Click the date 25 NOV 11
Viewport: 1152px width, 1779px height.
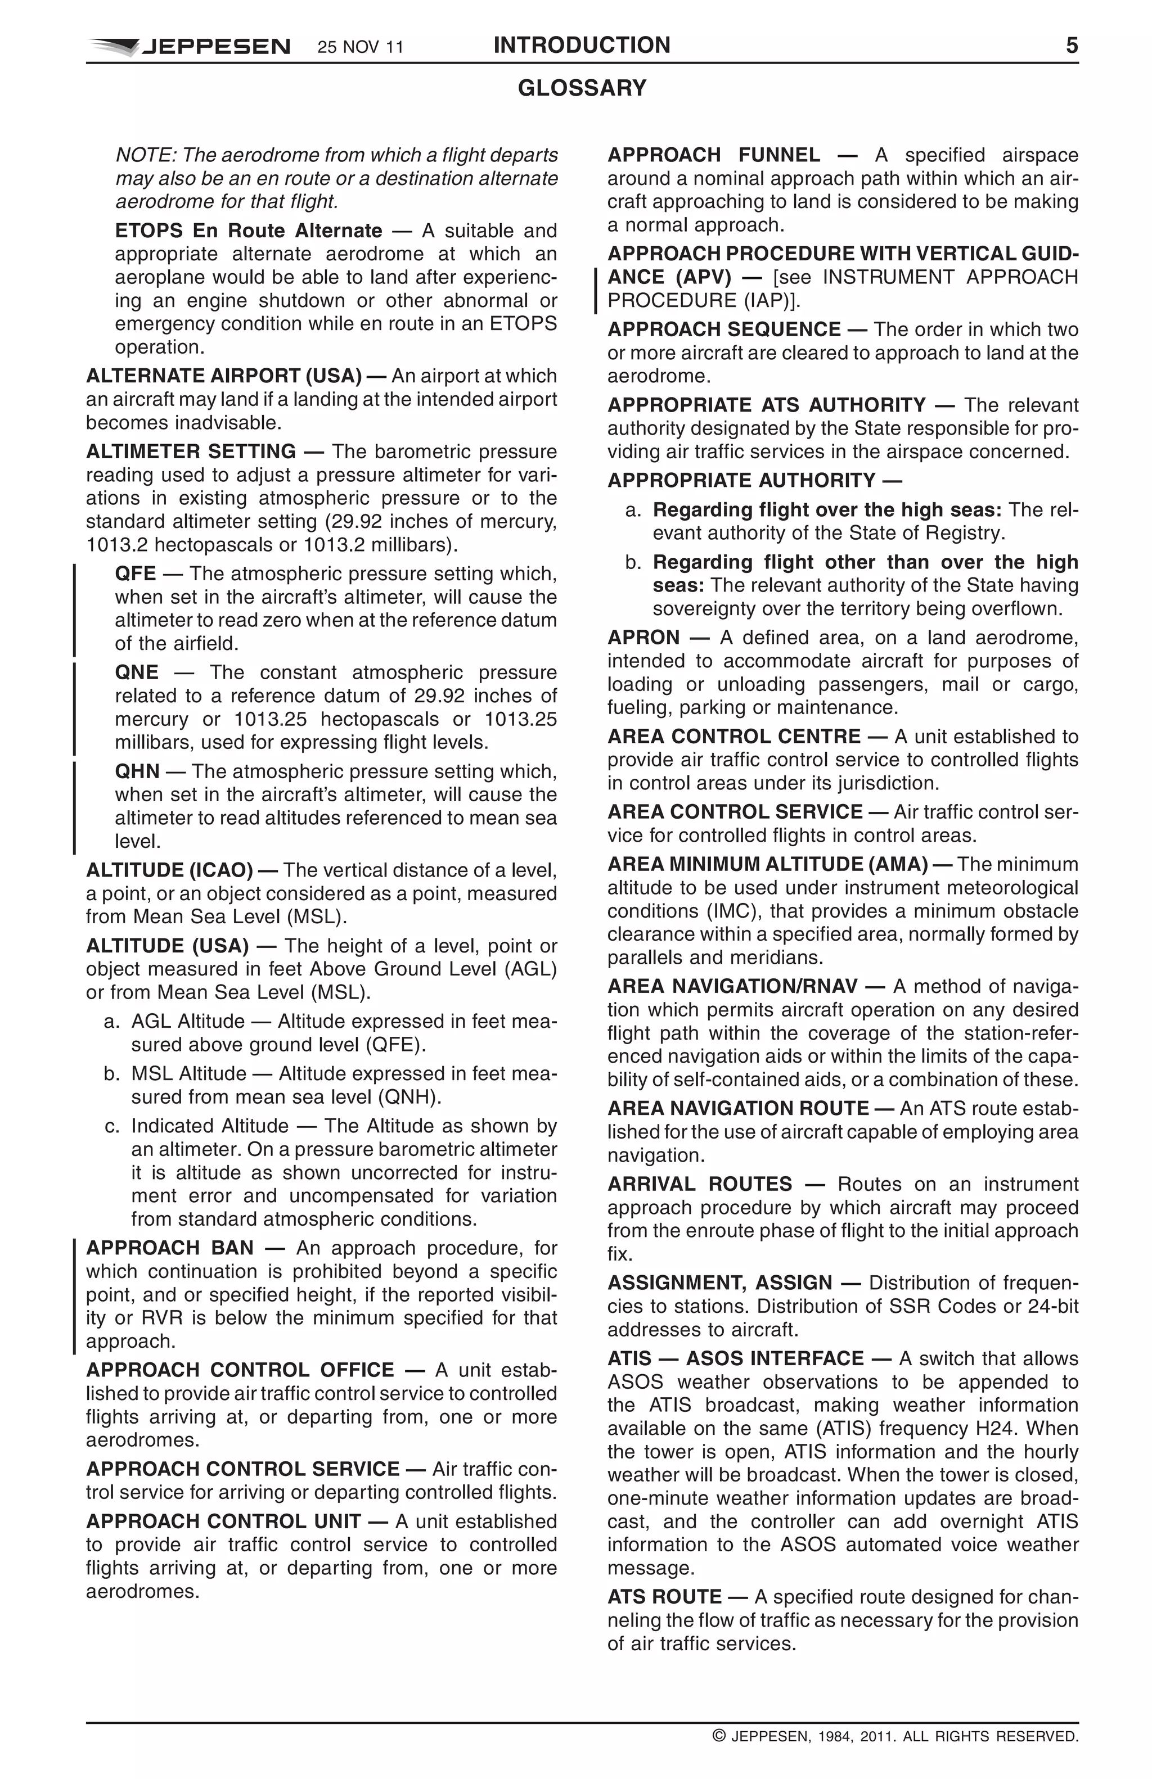pyautogui.click(x=361, y=48)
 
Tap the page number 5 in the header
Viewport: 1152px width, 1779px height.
pyautogui.click(x=1071, y=46)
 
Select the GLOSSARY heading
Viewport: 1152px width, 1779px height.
pyautogui.click(x=582, y=88)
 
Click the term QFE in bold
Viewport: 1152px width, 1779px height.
pyautogui.click(x=136, y=574)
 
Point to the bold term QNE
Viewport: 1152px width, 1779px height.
pyautogui.click(x=137, y=672)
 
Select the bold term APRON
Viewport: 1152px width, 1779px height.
pyautogui.click(x=643, y=638)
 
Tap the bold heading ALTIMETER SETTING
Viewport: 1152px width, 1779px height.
pyautogui.click(x=191, y=451)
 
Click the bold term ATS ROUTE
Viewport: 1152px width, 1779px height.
pyautogui.click(x=664, y=1597)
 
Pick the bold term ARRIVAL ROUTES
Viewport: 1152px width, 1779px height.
pyautogui.click(x=699, y=1184)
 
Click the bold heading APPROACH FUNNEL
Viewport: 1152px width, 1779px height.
pyautogui.click(x=713, y=156)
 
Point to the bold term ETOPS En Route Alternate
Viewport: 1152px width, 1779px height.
pyautogui.click(x=248, y=231)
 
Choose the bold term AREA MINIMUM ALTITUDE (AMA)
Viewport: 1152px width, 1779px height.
pyautogui.click(x=767, y=865)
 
